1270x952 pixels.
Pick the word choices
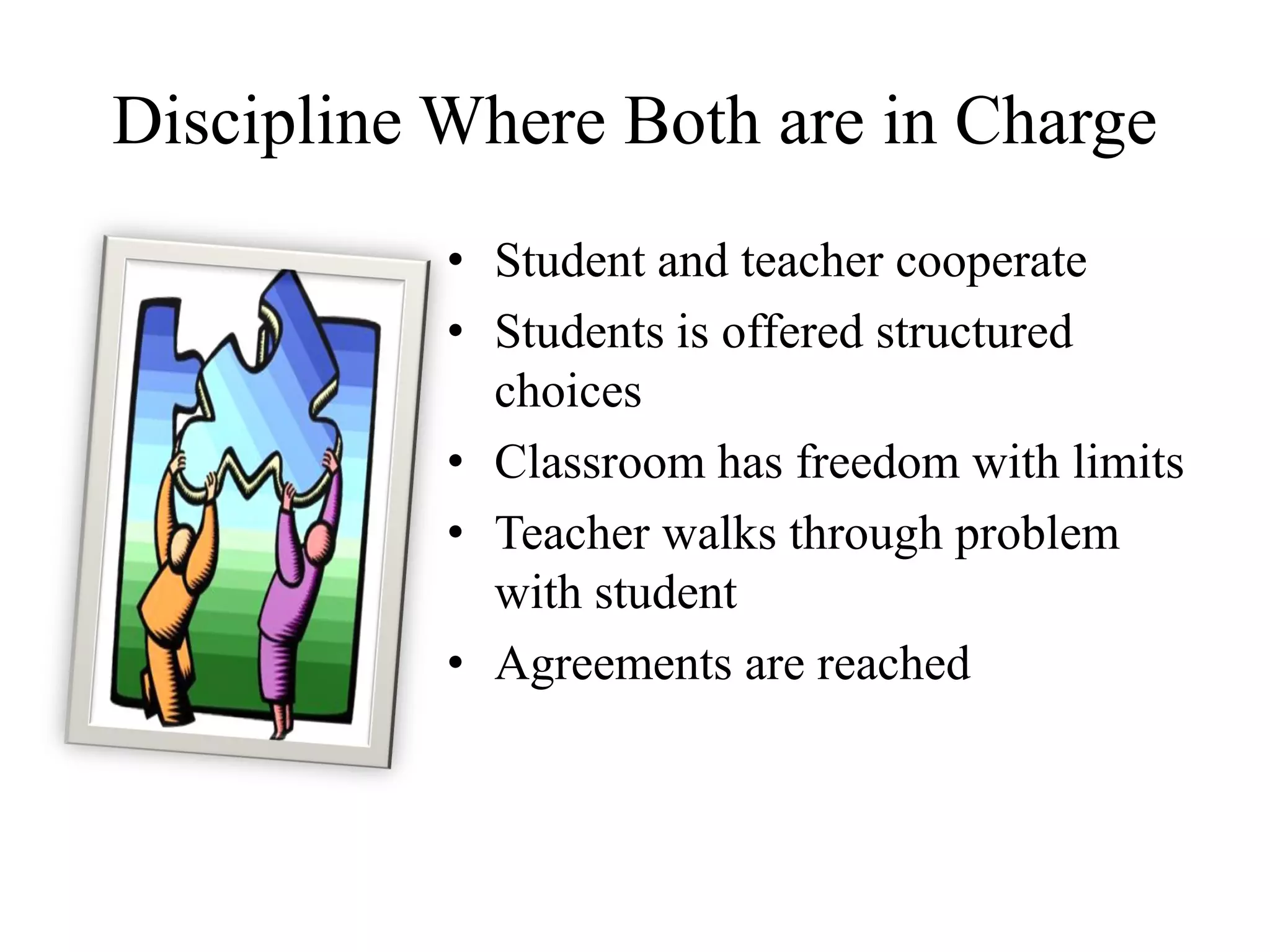coord(567,392)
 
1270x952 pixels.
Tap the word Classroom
coord(599,462)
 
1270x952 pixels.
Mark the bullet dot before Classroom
coord(456,464)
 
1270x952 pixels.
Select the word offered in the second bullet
coord(792,332)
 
